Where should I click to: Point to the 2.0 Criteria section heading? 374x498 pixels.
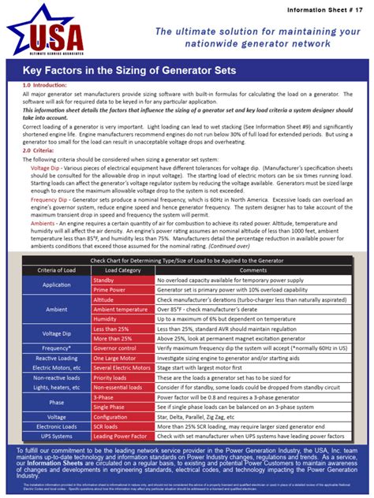pyautogui.click(x=38, y=150)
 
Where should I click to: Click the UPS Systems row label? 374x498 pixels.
pyautogui.click(x=57, y=435)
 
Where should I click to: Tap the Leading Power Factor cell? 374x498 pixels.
pyautogui.click(x=121, y=435)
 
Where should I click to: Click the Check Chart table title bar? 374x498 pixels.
pyautogui.click(x=187, y=259)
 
